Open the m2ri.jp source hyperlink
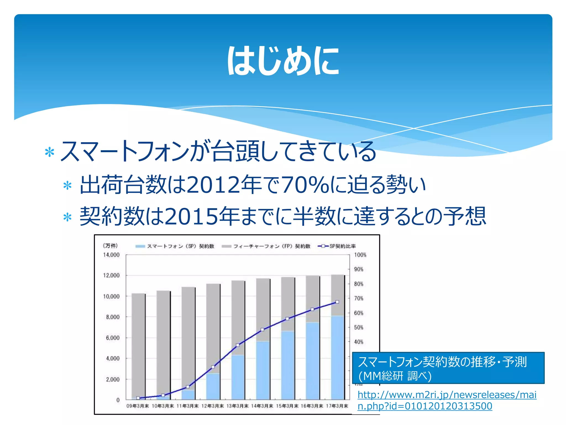(x=447, y=400)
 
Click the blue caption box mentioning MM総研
(x=448, y=368)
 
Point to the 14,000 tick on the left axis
(x=111, y=255)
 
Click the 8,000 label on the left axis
(x=113, y=317)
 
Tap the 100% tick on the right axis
(x=360, y=255)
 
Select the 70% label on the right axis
(x=359, y=298)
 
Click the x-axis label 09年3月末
(x=137, y=406)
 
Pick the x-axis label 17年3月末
(x=337, y=406)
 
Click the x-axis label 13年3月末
(x=237, y=406)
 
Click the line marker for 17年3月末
(x=337, y=302)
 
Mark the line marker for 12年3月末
(x=213, y=367)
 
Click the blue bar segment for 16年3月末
(x=312, y=360)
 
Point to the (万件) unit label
(x=110, y=246)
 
